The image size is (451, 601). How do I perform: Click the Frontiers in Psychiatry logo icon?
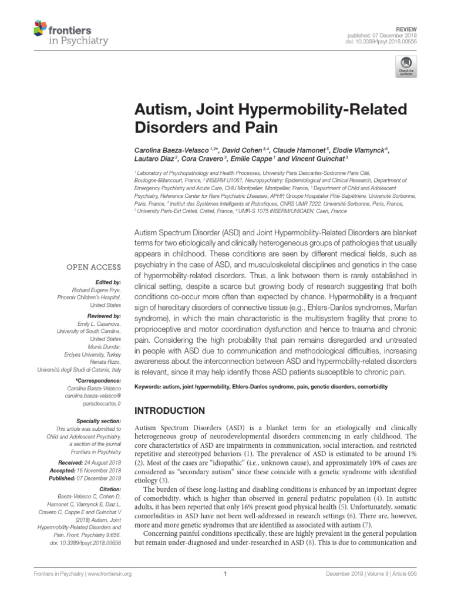(39, 27)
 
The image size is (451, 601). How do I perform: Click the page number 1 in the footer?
(225, 575)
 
